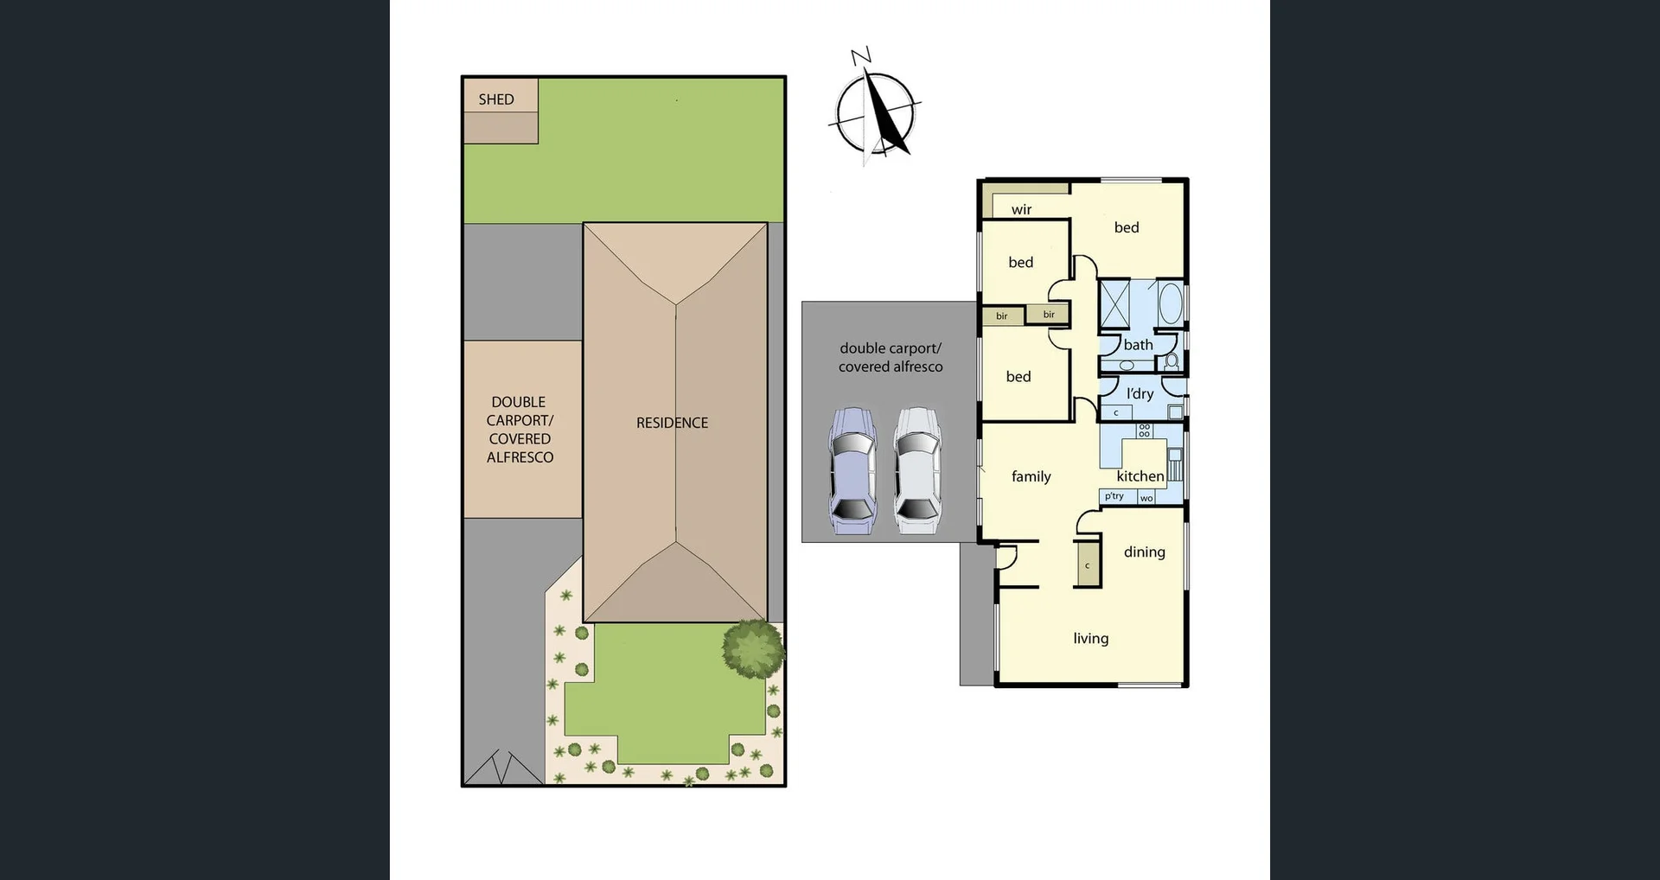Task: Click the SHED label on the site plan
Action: click(x=496, y=99)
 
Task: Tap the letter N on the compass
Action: click(x=860, y=57)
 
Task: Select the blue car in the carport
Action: click(x=852, y=471)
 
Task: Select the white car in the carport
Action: click(x=916, y=471)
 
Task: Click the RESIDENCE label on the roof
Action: click(x=672, y=423)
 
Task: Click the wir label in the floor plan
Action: click(x=1021, y=209)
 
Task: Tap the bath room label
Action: click(x=1138, y=345)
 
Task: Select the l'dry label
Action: click(x=1140, y=393)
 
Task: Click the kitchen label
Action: click(x=1140, y=476)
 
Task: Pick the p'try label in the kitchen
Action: click(x=1114, y=496)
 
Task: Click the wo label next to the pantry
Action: click(x=1146, y=498)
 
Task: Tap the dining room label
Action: click(x=1144, y=552)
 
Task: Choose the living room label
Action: click(x=1090, y=638)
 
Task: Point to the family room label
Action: click(x=1031, y=476)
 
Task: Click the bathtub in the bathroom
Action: click(x=1170, y=303)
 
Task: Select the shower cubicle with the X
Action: click(x=1114, y=302)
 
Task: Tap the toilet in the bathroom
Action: click(x=1172, y=360)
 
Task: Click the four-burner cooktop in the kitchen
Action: click(x=1144, y=430)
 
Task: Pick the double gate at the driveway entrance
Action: click(x=504, y=768)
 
